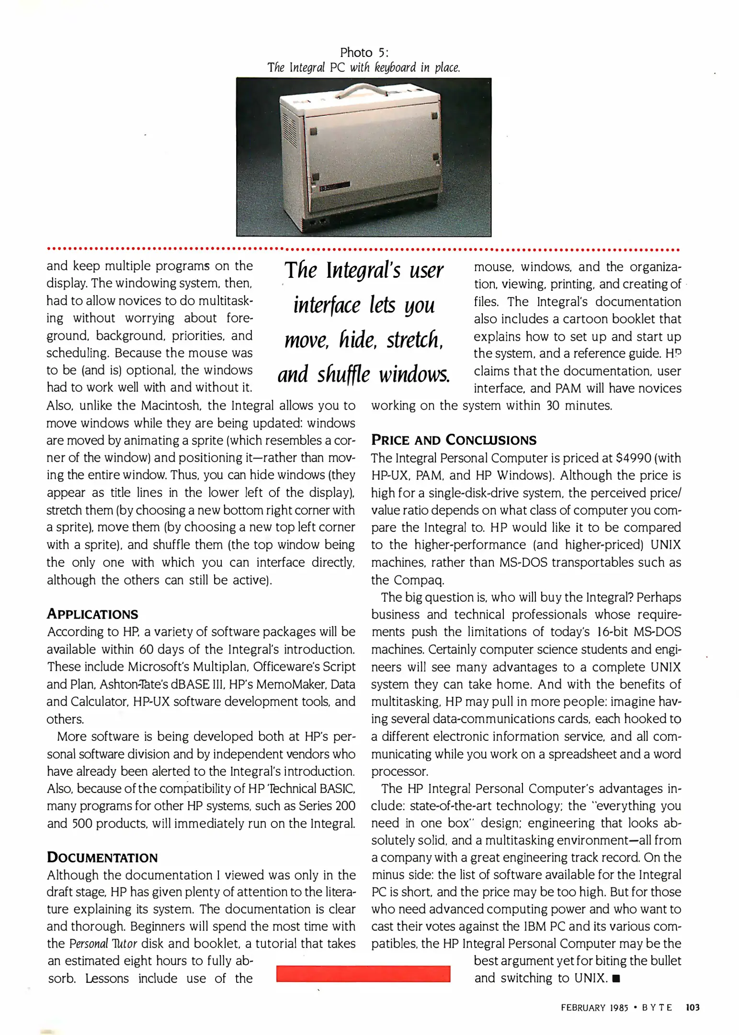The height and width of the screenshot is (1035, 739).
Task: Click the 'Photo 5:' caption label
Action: (x=364, y=52)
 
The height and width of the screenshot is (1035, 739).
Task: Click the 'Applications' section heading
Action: (x=92, y=614)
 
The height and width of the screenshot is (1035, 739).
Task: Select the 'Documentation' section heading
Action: (x=102, y=857)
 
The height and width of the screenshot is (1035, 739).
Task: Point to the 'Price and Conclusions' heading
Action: (x=454, y=440)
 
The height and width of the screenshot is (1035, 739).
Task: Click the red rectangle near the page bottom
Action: (x=363, y=974)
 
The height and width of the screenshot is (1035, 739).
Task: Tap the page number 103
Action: (x=693, y=1008)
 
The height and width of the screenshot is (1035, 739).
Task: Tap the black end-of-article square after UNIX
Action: (x=616, y=978)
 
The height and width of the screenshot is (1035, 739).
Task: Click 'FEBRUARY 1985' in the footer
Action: (x=594, y=1008)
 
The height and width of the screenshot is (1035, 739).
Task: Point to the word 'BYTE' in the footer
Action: (x=657, y=1008)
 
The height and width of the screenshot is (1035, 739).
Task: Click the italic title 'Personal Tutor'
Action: (x=103, y=944)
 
